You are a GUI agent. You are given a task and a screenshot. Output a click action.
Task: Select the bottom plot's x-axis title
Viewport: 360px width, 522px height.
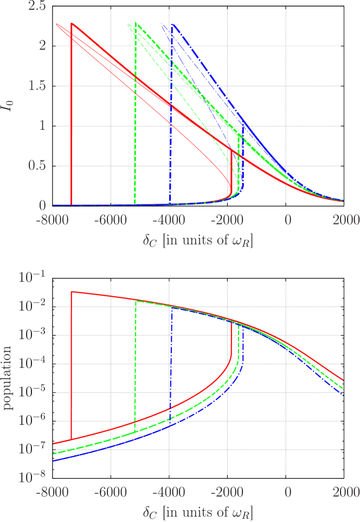198,512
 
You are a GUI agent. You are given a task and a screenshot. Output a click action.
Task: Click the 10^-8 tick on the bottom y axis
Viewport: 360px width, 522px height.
33,478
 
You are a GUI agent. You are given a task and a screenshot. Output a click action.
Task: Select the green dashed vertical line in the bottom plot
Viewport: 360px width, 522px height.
135,364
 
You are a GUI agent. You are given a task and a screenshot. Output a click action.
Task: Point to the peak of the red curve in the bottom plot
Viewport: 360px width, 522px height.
72,292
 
